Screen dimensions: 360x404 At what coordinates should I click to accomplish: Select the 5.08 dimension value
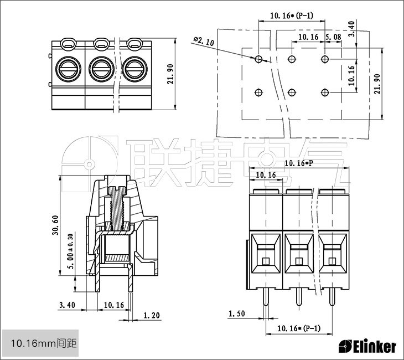point(333,37)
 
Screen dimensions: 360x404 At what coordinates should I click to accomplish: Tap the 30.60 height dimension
point(55,225)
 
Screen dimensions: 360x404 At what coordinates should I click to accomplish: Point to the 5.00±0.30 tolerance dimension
point(69,251)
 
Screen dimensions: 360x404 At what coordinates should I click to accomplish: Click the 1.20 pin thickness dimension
point(152,316)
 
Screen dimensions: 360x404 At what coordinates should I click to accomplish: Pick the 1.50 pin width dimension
point(236,314)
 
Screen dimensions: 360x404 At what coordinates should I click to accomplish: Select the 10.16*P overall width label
point(299,163)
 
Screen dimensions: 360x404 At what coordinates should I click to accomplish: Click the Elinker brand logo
point(367,347)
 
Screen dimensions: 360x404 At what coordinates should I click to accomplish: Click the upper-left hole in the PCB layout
point(259,59)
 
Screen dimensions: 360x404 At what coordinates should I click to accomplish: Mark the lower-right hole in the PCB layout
point(325,91)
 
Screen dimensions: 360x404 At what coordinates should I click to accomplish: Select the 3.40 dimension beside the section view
point(66,305)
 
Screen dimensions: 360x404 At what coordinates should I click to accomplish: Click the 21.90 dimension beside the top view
point(170,74)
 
